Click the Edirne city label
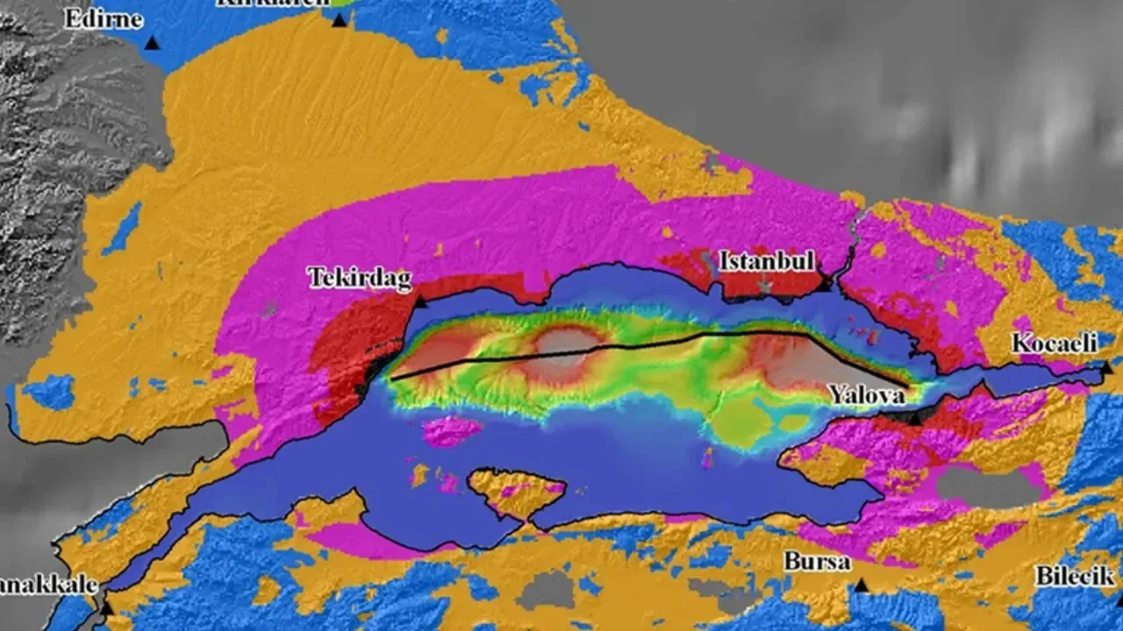(103, 18)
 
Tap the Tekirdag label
(359, 278)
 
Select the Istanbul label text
(767, 261)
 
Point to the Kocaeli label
(1054, 343)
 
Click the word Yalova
(867, 395)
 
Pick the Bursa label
(817, 562)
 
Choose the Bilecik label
(1074, 576)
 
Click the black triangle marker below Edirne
(153, 42)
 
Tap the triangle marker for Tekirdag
(419, 302)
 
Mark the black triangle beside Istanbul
(823, 284)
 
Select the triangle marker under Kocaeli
(1106, 368)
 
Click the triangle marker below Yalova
(915, 419)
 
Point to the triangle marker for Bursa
(861, 585)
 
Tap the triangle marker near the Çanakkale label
(106, 606)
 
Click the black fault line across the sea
(614, 346)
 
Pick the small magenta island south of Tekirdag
(451, 430)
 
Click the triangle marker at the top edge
(339, 19)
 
